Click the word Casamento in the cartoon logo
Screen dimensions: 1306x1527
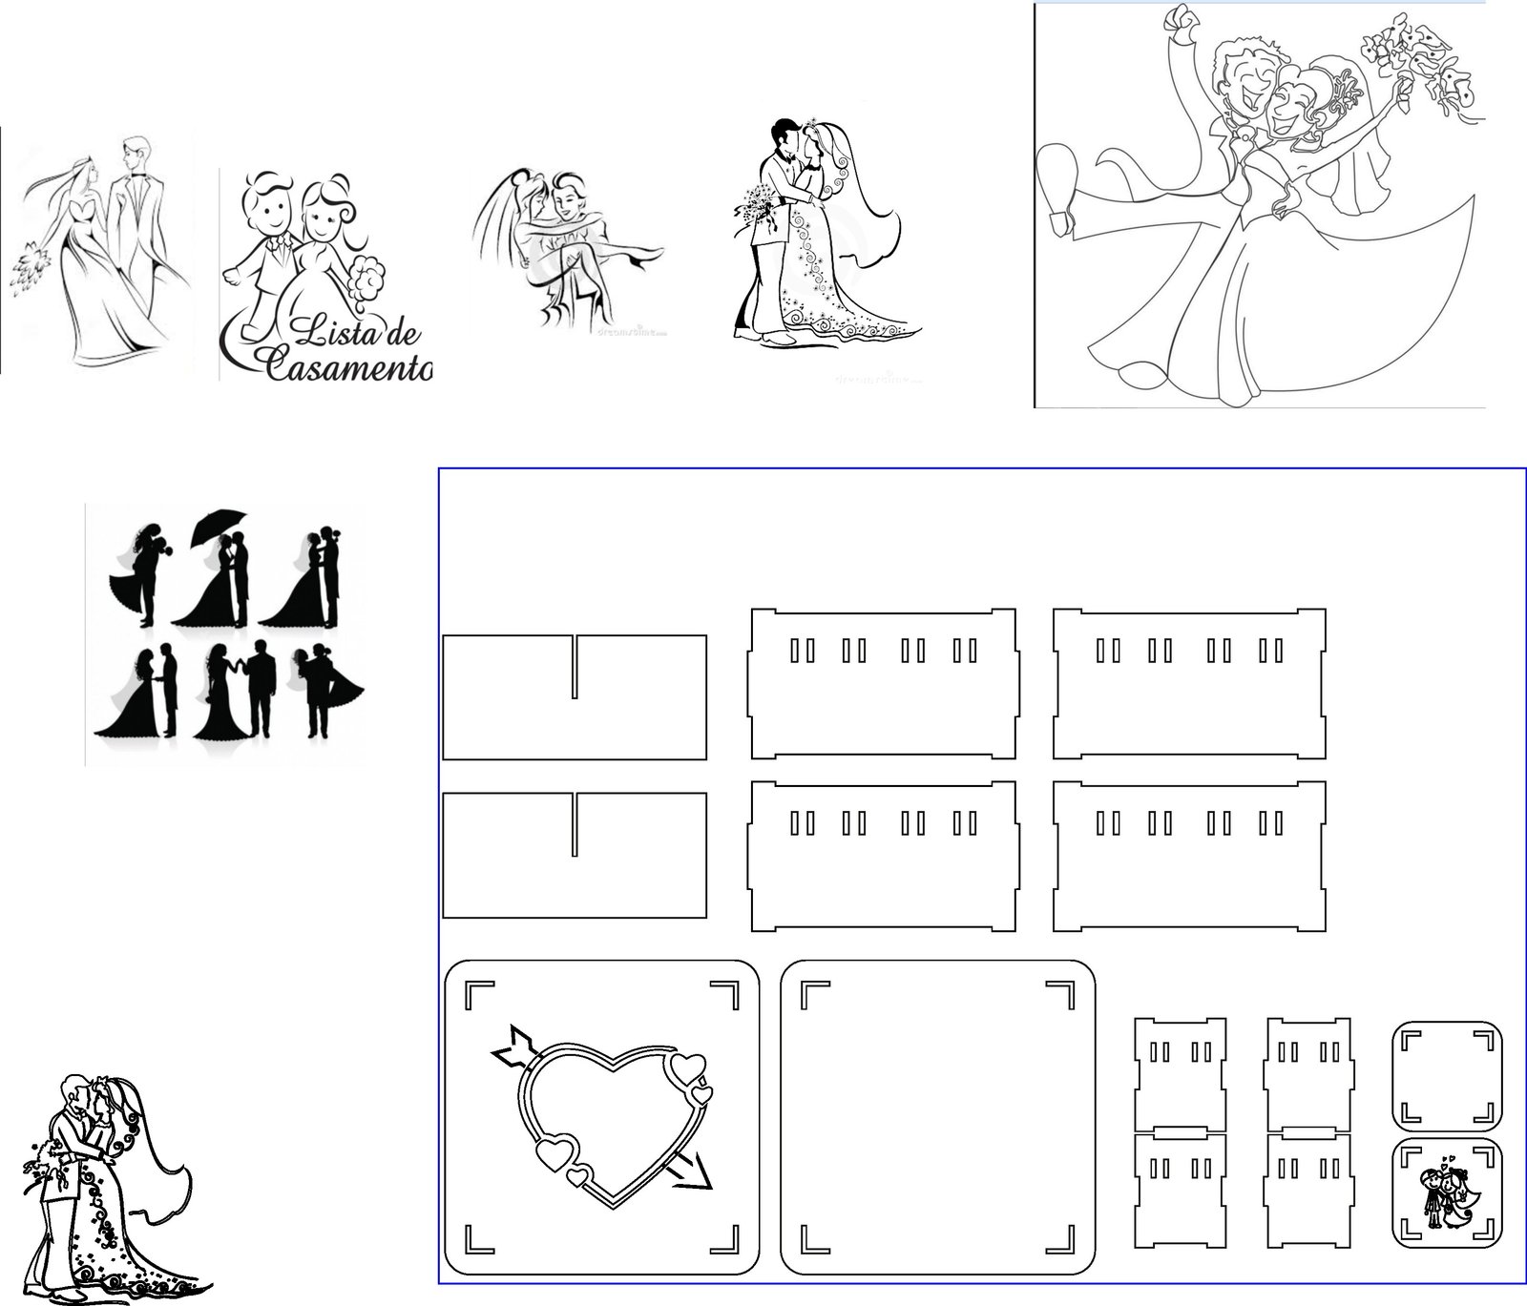(x=347, y=363)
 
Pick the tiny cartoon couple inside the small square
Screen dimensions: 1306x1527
(x=1446, y=1197)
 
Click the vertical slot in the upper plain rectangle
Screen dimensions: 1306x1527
(x=575, y=666)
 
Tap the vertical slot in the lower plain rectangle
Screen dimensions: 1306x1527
(x=575, y=825)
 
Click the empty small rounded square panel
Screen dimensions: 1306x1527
(x=1447, y=1074)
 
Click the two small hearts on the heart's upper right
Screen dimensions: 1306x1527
(x=692, y=1078)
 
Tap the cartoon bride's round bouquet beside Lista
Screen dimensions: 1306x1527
(x=366, y=276)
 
